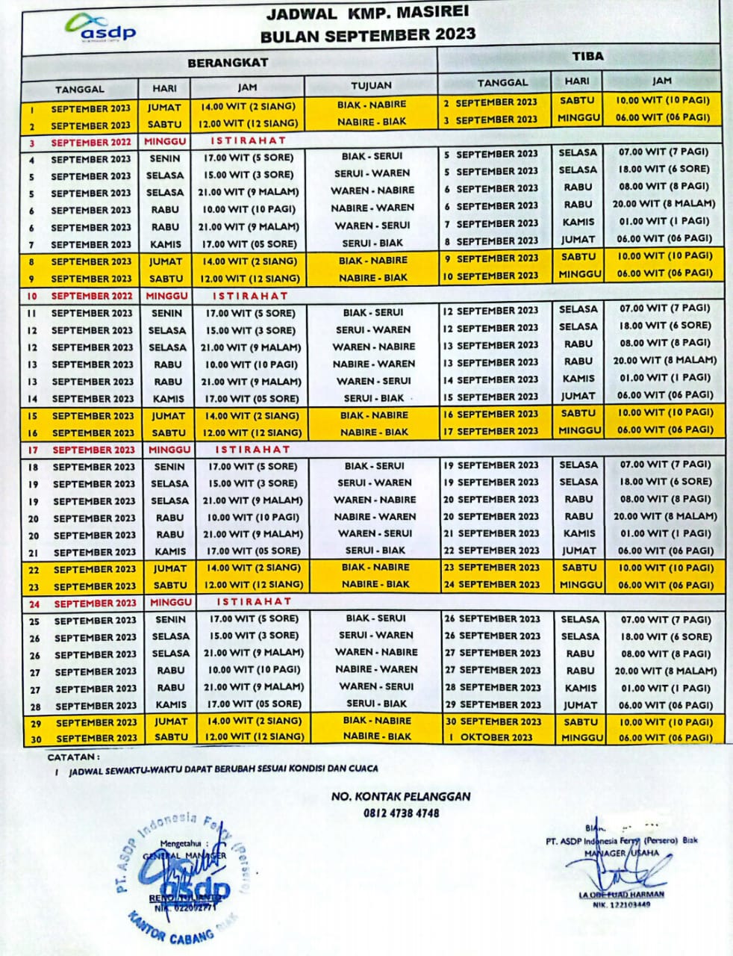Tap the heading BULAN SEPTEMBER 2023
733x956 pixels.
pos(367,35)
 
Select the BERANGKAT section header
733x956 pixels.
pos(228,63)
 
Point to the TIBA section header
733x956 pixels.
pos(587,56)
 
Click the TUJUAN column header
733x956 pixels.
pos(371,85)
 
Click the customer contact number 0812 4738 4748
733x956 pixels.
pos(402,813)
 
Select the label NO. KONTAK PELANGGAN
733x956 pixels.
pos(401,796)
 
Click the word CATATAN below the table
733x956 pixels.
pos(73,757)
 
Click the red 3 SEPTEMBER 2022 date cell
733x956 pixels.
pos(90,142)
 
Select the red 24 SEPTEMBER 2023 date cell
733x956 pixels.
pos(95,603)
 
